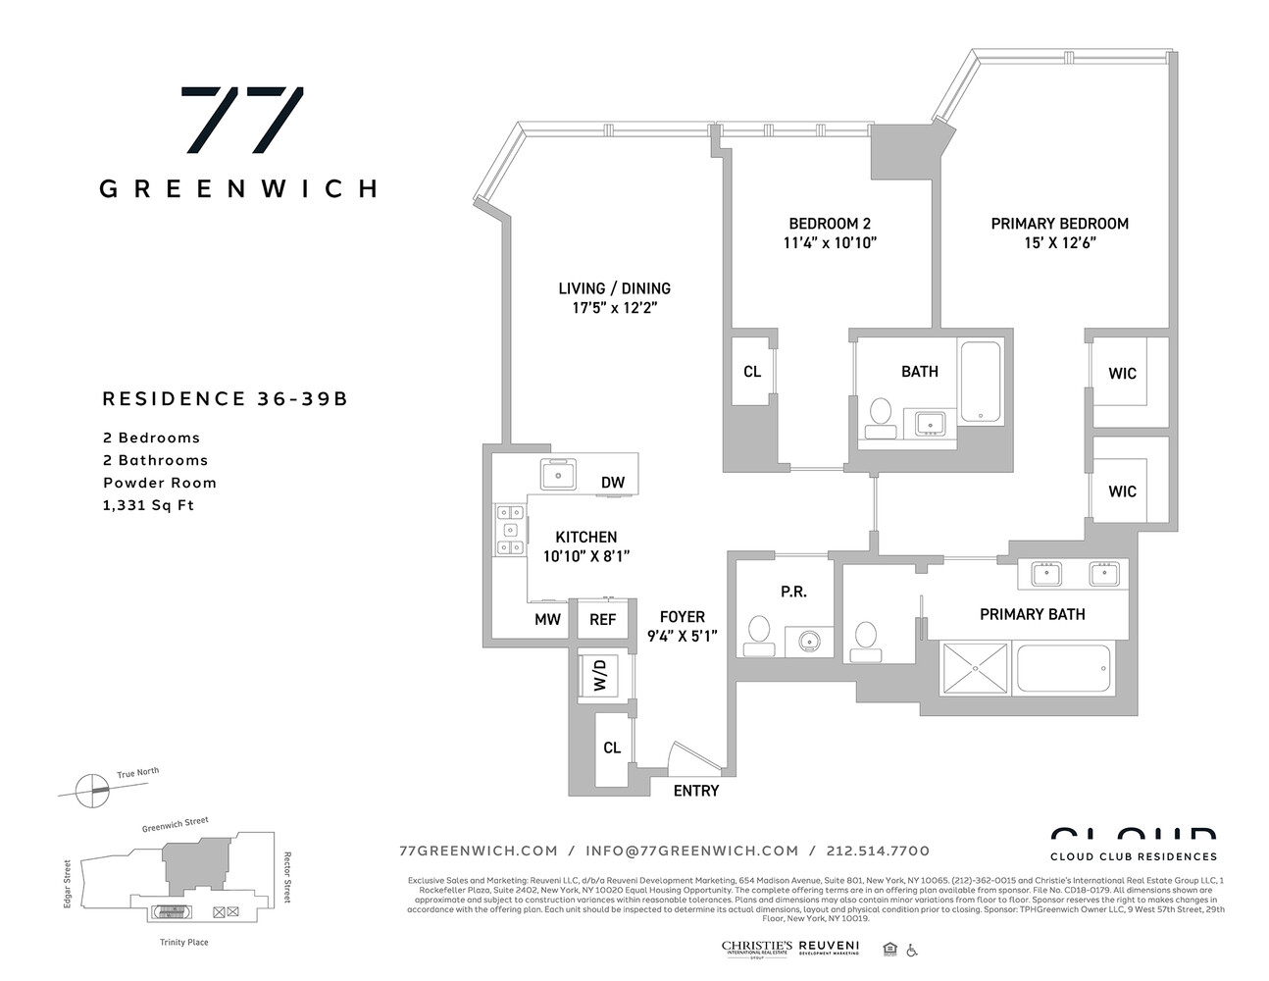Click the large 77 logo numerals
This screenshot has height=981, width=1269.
(x=242, y=120)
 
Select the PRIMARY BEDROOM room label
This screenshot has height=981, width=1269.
(x=1059, y=224)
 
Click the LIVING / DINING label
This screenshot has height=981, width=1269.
(x=615, y=288)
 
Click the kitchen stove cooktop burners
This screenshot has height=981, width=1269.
(x=509, y=530)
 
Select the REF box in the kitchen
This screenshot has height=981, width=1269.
(x=602, y=619)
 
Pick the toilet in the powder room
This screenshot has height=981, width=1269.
(x=759, y=634)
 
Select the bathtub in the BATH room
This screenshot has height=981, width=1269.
(x=980, y=382)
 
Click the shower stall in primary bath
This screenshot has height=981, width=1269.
(x=977, y=667)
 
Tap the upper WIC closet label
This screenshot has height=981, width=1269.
(x=1122, y=374)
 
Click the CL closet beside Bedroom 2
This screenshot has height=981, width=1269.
(x=752, y=372)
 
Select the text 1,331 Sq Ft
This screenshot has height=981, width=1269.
(x=149, y=505)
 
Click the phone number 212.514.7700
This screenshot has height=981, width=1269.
(x=878, y=851)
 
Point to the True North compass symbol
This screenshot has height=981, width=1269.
(x=97, y=786)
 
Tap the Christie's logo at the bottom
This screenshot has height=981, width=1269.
(x=756, y=948)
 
